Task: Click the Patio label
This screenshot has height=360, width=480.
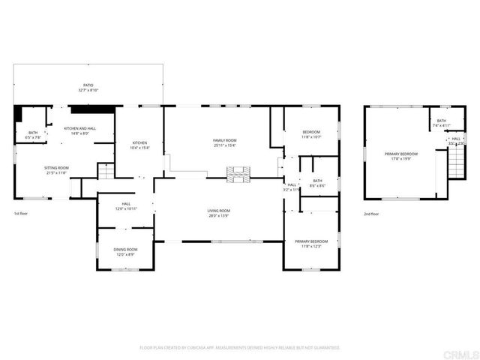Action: click(x=88, y=88)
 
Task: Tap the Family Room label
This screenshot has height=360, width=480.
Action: click(x=224, y=142)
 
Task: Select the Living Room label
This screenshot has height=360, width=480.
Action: click(x=218, y=213)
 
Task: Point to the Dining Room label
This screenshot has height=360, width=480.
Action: click(x=126, y=251)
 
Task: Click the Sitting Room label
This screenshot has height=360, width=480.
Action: click(x=56, y=169)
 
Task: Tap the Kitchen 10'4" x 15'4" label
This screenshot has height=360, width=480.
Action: click(x=140, y=145)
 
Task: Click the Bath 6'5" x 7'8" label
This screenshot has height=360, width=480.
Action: click(x=34, y=135)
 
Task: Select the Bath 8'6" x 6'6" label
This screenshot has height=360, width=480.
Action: click(x=317, y=182)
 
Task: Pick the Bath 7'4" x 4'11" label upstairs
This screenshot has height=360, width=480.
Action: click(x=442, y=123)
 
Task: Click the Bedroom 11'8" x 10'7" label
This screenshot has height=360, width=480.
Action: click(x=311, y=134)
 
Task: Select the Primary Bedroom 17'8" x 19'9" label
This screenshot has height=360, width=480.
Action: click(x=401, y=156)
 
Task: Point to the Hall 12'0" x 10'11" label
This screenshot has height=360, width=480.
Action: click(x=126, y=206)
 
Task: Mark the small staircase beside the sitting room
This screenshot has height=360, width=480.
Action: click(x=106, y=172)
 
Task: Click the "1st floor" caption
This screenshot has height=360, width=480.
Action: click(x=21, y=214)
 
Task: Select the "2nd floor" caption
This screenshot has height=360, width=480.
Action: click(x=371, y=214)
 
